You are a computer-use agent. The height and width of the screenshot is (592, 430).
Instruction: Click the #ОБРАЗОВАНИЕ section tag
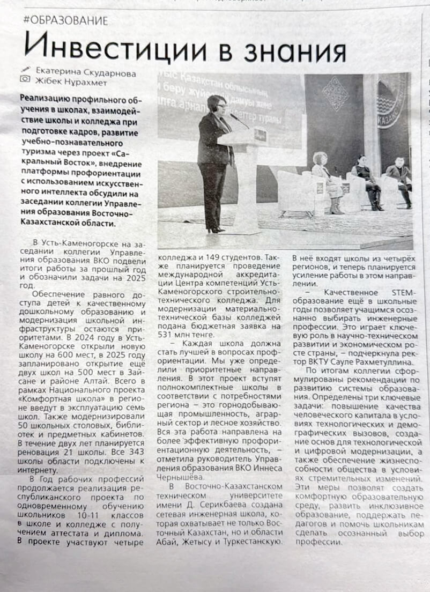[x=65, y=20]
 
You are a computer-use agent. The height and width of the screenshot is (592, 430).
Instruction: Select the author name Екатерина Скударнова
[x=86, y=73]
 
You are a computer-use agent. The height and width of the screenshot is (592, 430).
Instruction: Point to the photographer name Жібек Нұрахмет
[x=70, y=82]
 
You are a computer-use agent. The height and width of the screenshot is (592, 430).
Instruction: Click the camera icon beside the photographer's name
[x=25, y=79]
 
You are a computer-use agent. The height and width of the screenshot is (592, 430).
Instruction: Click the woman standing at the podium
[x=215, y=161]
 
